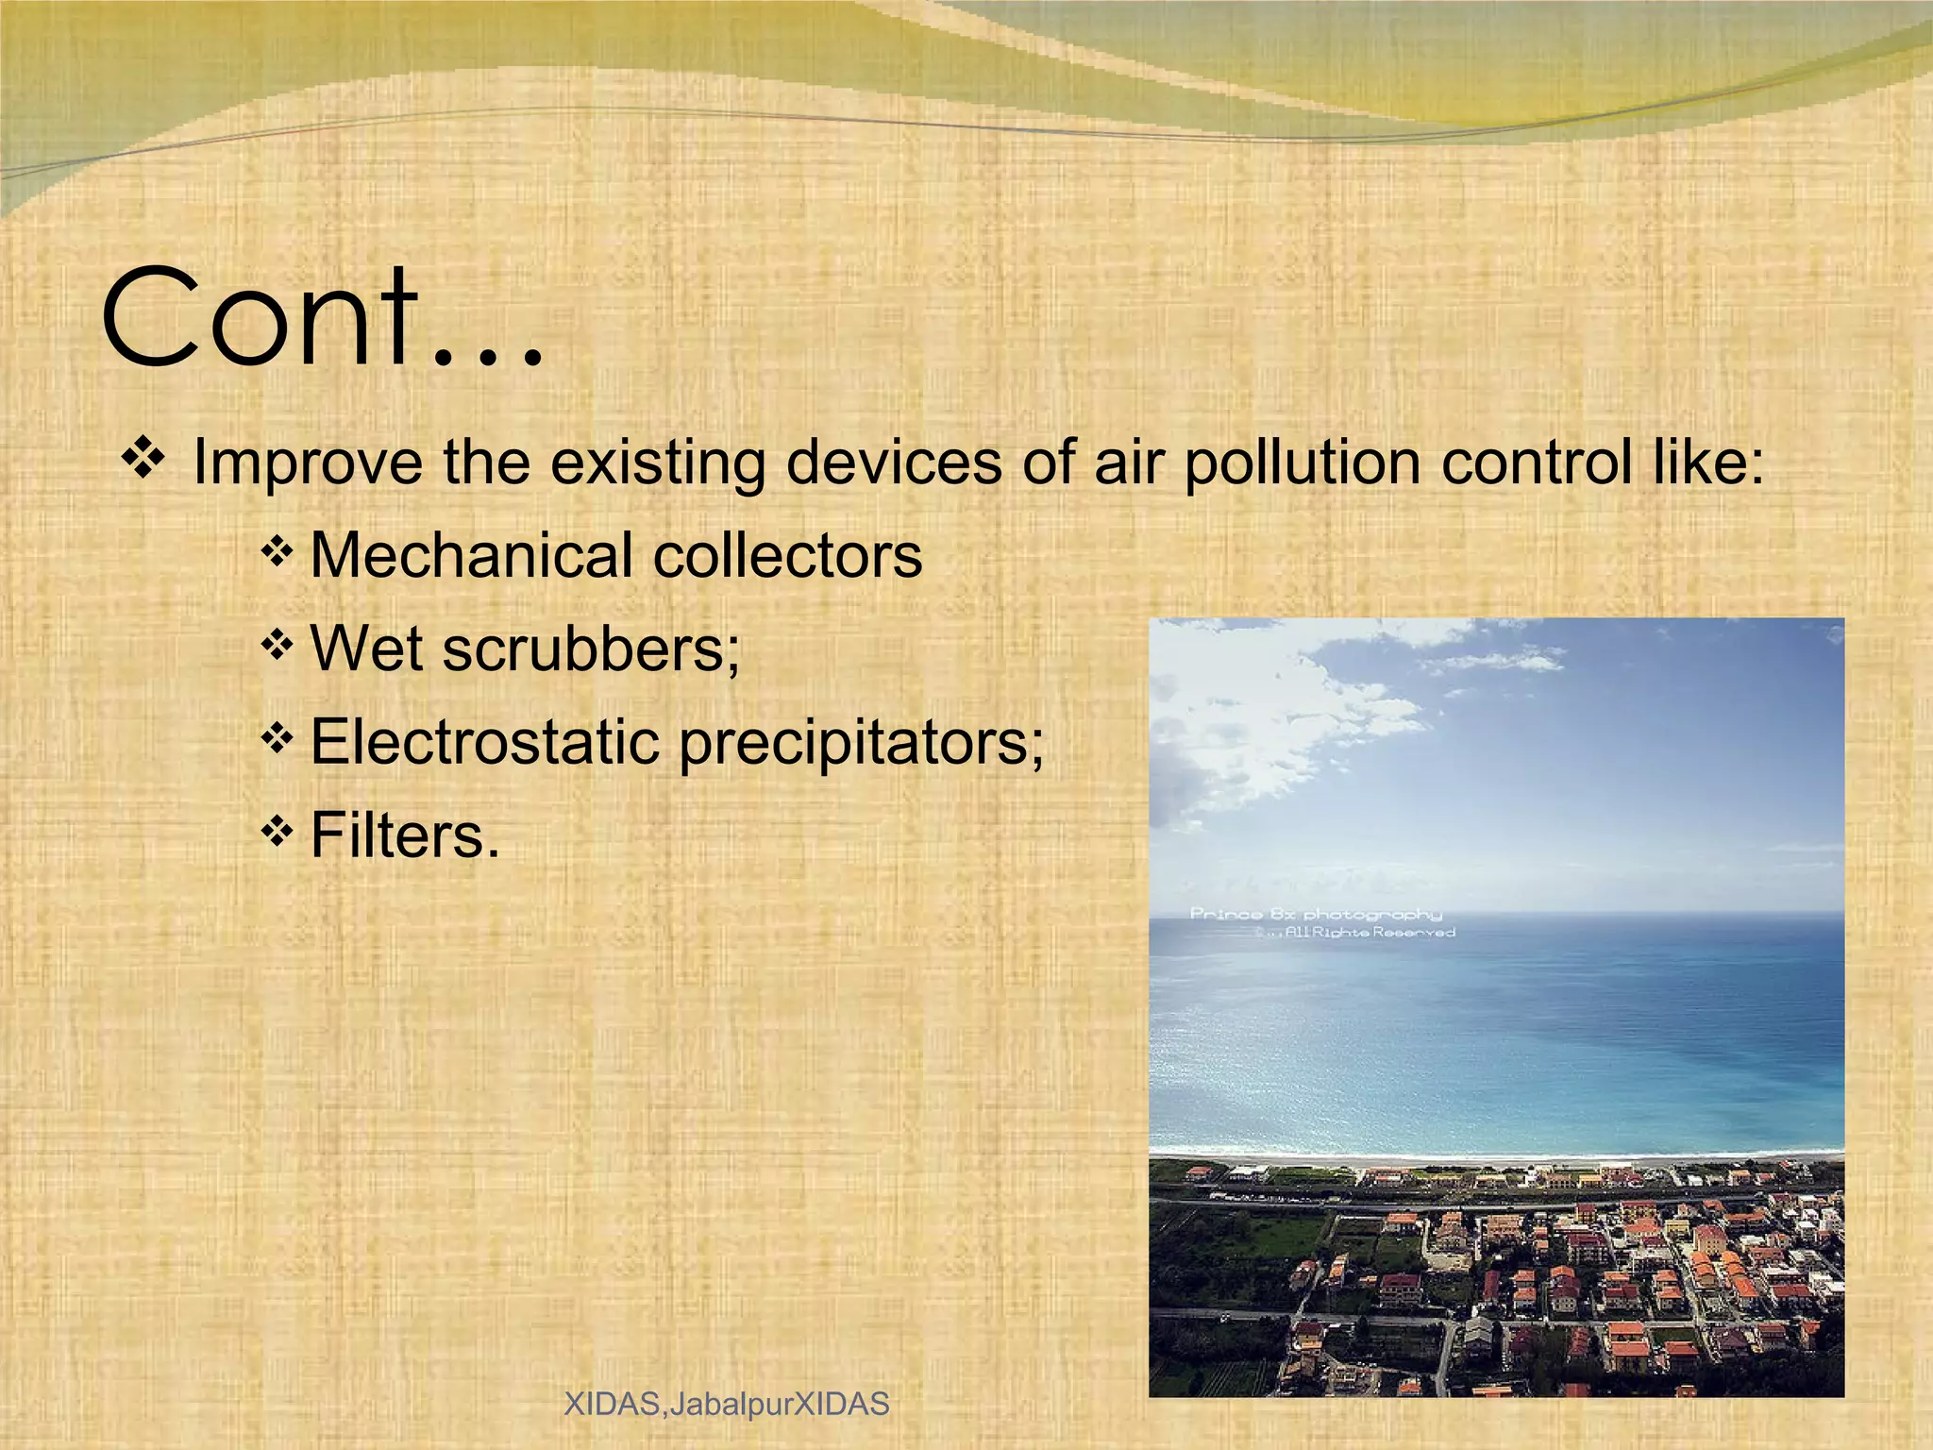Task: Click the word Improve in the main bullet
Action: [x=307, y=463]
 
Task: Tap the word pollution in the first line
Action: [x=1303, y=463]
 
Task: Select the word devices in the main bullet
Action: [x=893, y=463]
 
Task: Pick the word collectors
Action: [x=787, y=555]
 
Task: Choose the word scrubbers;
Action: [x=591, y=649]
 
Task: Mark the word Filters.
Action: [x=404, y=835]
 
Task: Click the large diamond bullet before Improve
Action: [x=143, y=459]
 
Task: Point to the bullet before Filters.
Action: [x=276, y=832]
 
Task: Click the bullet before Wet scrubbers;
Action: [x=276, y=646]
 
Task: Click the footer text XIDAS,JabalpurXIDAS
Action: [x=726, y=1404]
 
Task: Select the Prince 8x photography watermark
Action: [x=1315, y=913]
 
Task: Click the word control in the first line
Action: [x=1537, y=463]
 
